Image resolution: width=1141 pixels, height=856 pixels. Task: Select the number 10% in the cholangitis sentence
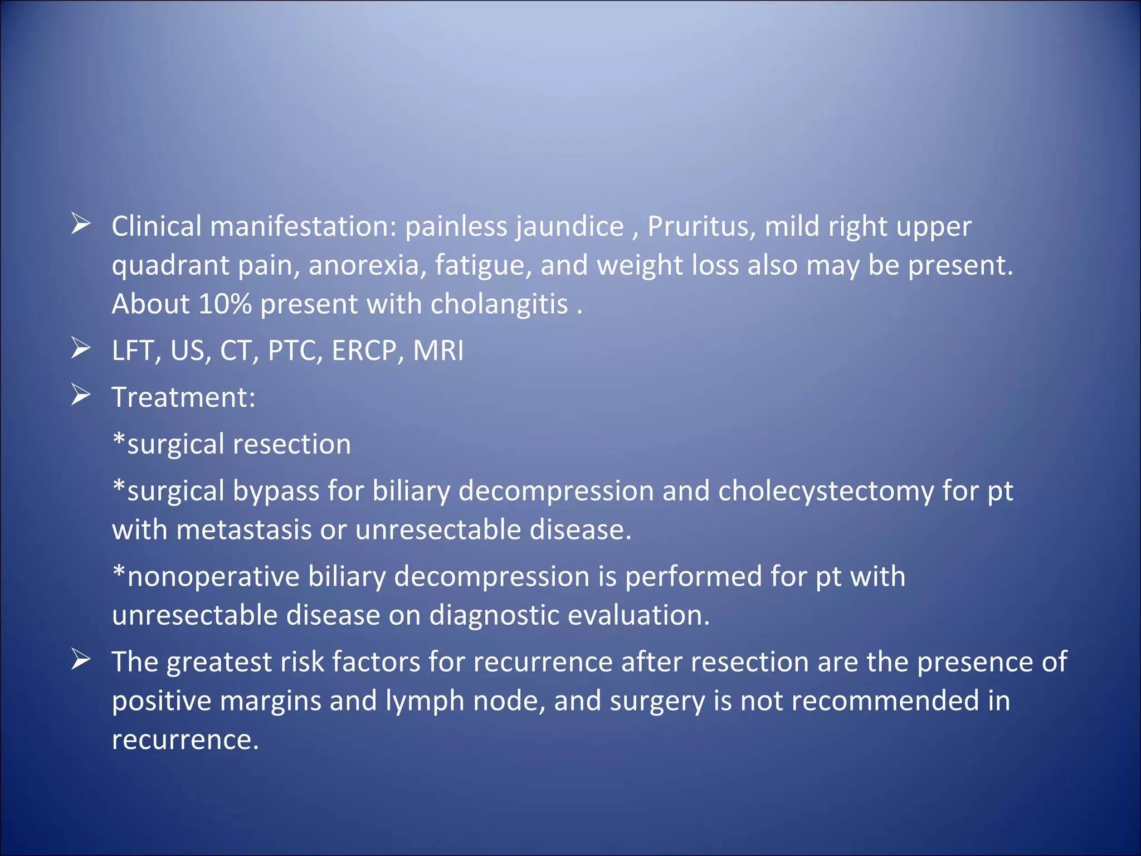(225, 304)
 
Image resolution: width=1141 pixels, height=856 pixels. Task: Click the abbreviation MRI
(438, 351)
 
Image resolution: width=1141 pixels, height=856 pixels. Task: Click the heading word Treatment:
(184, 397)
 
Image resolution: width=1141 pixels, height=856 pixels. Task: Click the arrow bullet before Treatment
(81, 395)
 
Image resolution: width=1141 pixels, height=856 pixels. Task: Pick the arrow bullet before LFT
(81, 348)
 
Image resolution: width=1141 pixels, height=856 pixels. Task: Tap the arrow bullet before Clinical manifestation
(81, 224)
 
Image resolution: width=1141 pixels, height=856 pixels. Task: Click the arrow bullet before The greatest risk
(81, 660)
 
